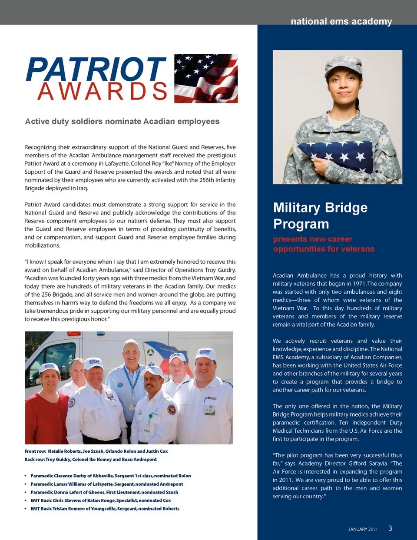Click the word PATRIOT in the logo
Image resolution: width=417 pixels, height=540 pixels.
pyautogui.click(x=96, y=70)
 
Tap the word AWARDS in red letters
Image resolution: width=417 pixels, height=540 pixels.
pyautogui.click(x=103, y=92)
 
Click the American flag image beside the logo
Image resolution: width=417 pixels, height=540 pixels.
pyautogui.click(x=206, y=79)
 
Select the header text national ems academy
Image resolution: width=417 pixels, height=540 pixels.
pyautogui.click(x=341, y=21)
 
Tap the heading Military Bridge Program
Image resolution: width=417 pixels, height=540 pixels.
pyautogui.click(x=320, y=215)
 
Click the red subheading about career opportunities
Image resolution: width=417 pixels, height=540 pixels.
pyautogui.click(x=323, y=244)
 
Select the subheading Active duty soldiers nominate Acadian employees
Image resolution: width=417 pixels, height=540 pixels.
pyautogui.click(x=122, y=122)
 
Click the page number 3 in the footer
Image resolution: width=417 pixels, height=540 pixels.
pyautogui.click(x=390, y=528)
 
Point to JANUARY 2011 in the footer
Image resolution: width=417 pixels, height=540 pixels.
pyautogui.click(x=363, y=529)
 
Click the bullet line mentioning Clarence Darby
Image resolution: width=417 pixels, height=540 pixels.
pyautogui.click(x=111, y=476)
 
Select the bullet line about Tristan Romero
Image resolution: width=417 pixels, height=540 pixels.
pyautogui.click(x=105, y=509)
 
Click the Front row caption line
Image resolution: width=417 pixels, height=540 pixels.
pyautogui.click(x=96, y=451)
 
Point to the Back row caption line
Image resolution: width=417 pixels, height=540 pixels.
pyautogui.click(x=90, y=460)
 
